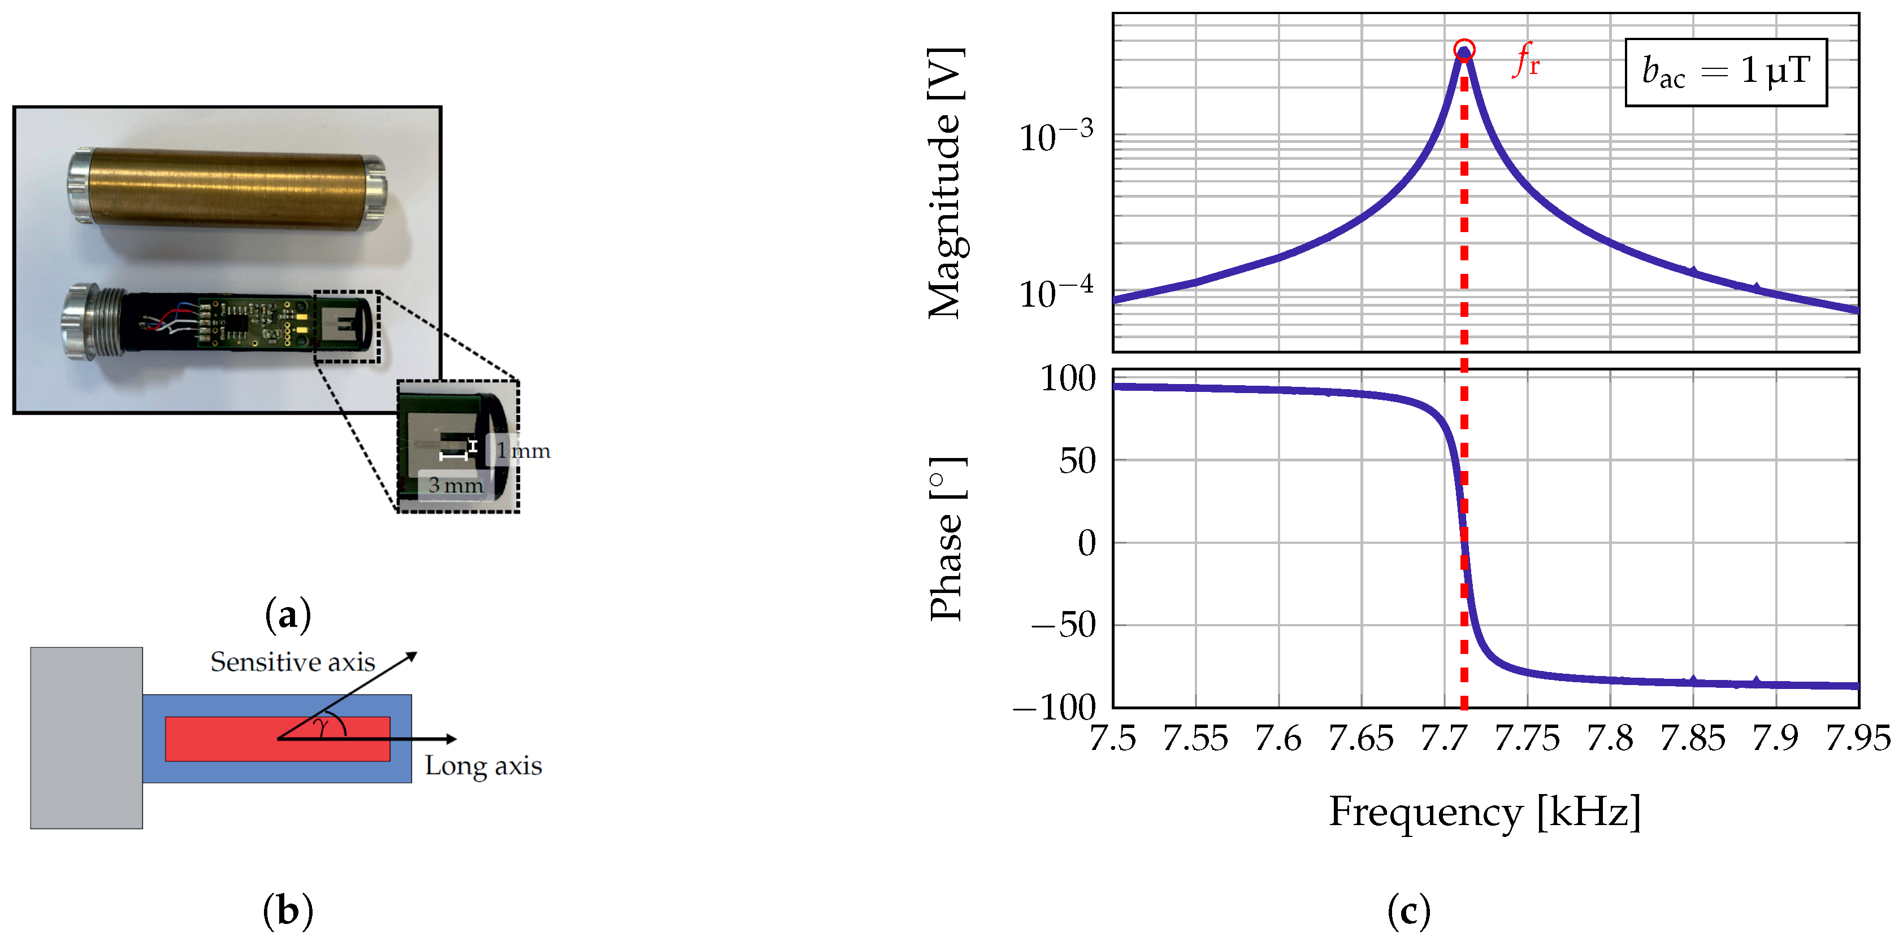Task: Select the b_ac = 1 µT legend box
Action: pyautogui.click(x=1725, y=72)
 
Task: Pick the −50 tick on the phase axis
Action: pyautogui.click(x=1064, y=625)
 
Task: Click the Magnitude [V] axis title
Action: pyautogui.click(x=946, y=183)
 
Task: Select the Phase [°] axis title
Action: pyautogui.click(x=946, y=539)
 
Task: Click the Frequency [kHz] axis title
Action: pyautogui.click(x=1485, y=812)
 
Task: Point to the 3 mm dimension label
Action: pyautogui.click(x=455, y=486)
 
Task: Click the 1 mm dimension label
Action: pyautogui.click(x=522, y=450)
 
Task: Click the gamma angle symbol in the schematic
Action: pyautogui.click(x=322, y=727)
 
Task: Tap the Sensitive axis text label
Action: pyautogui.click(x=293, y=662)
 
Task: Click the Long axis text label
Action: pyautogui.click(x=483, y=766)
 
